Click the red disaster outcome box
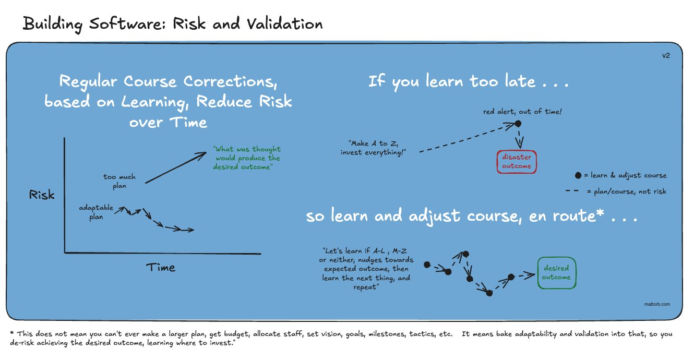click(x=517, y=162)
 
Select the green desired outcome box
click(x=556, y=273)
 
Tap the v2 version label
click(x=666, y=55)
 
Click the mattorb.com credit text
click(x=657, y=304)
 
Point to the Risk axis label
click(x=42, y=196)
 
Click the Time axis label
click(x=161, y=267)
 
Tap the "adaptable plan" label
click(x=96, y=212)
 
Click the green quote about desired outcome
click(x=247, y=158)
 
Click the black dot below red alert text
click(x=518, y=124)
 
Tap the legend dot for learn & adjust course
click(x=578, y=175)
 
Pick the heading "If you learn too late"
click(x=468, y=81)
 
